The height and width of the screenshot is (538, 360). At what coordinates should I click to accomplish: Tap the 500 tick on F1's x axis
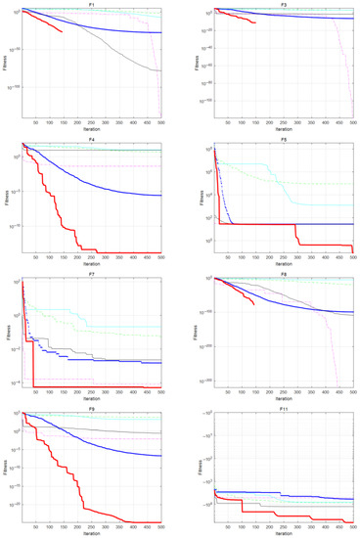[x=160, y=123]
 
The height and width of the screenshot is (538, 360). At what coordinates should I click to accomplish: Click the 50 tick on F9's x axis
[x=36, y=527]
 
